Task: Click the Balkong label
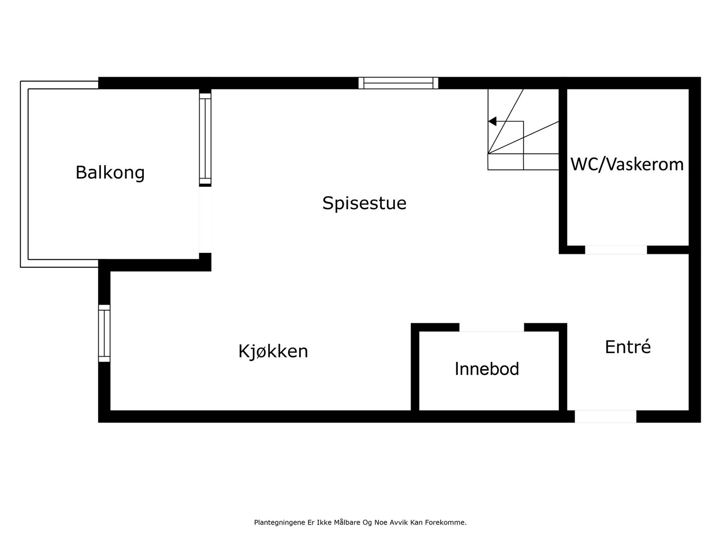[110, 173]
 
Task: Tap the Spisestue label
[364, 203]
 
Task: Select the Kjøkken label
[273, 351]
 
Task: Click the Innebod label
[487, 369]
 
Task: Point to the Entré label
[628, 347]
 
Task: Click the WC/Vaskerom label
[627, 165]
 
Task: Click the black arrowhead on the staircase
[493, 121]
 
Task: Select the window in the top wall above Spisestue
[398, 83]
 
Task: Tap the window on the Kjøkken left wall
[104, 333]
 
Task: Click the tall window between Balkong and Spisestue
[205, 139]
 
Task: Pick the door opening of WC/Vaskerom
[616, 250]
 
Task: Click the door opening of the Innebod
[491, 327]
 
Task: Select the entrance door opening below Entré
[605, 416]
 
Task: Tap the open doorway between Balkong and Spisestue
[205, 220]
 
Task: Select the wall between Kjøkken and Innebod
[415, 367]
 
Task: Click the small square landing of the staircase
[506, 162]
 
